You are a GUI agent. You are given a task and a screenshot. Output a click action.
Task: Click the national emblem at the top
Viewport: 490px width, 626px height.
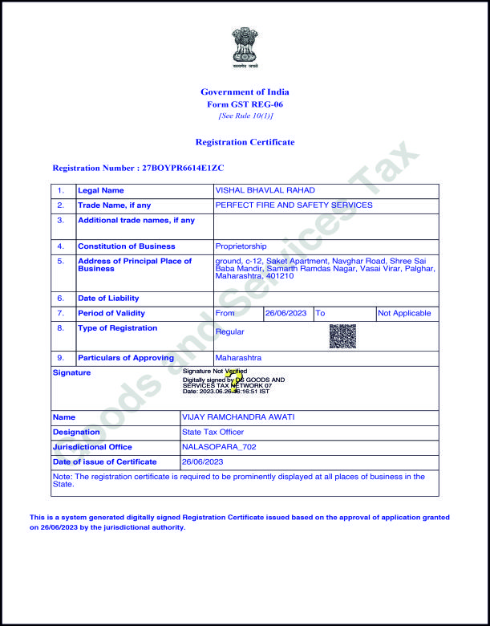245,46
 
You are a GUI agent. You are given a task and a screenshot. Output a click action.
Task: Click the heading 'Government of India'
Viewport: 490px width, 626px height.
245,92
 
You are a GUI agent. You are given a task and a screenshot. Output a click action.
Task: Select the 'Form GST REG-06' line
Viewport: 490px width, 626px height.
245,104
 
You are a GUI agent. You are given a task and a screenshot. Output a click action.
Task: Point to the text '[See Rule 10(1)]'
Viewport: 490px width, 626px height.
245,116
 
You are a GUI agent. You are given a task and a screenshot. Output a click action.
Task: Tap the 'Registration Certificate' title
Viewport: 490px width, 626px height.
245,142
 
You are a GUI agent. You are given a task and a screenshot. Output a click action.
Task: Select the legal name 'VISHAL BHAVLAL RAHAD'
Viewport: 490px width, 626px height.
265,190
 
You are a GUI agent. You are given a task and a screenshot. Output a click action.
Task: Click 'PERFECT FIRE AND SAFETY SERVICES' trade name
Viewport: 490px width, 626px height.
294,205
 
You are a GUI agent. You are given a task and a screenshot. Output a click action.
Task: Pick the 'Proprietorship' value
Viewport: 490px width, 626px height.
241,246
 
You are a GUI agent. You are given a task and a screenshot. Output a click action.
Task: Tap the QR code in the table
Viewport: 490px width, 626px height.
342,335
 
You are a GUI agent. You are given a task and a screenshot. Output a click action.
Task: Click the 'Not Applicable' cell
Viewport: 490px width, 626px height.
404,313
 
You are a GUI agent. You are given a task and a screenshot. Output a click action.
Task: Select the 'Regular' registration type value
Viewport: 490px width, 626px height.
229,331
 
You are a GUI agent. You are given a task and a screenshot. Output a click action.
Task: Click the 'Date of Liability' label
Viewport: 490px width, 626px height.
108,299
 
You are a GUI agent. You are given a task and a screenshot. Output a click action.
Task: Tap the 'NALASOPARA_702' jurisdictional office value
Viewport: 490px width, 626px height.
219,447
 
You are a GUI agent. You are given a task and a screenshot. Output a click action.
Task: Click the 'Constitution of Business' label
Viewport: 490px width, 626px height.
126,246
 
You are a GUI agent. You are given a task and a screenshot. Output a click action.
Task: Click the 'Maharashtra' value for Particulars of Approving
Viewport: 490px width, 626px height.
238,358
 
